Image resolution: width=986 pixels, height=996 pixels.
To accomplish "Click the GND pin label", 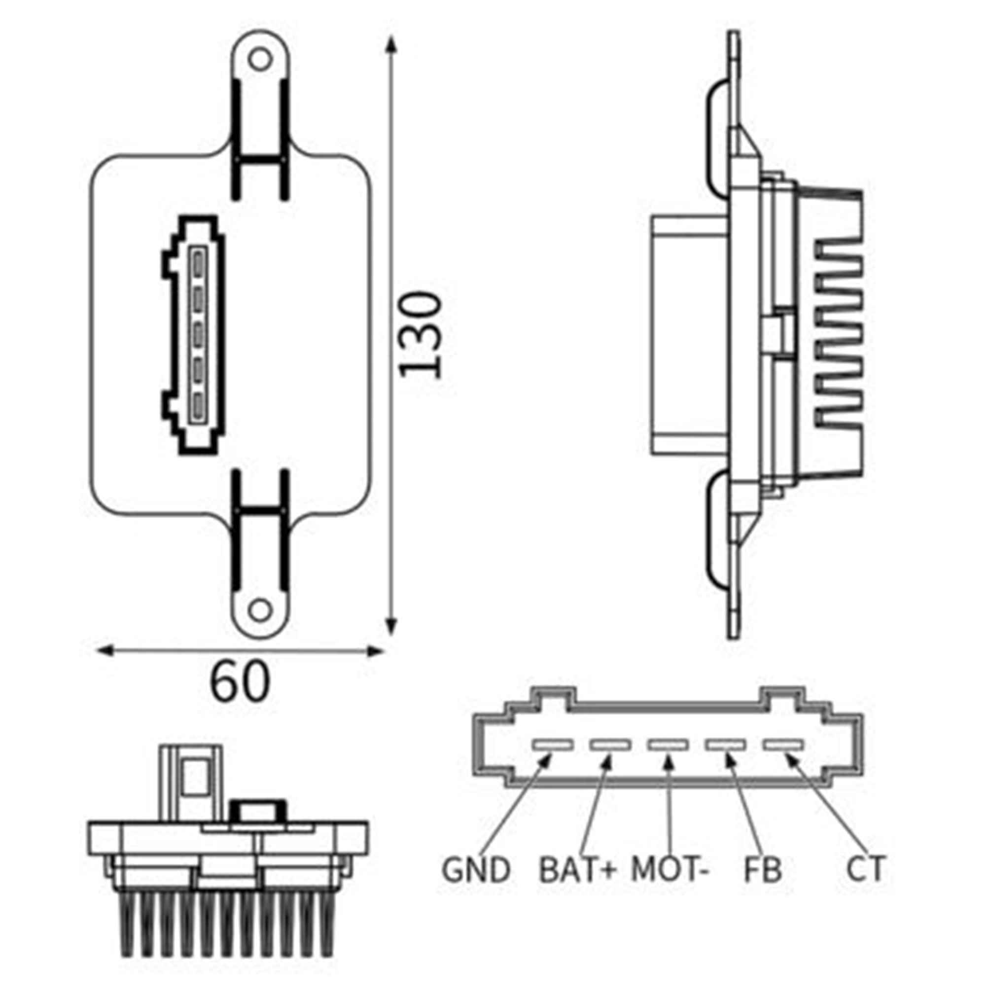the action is point(475,870).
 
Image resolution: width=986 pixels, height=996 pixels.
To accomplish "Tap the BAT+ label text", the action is point(577,870).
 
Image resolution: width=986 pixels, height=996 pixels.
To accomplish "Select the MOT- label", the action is point(670,870).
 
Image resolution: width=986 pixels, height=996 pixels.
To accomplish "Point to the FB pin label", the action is point(762,870).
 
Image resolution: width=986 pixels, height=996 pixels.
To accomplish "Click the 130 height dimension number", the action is point(421,336).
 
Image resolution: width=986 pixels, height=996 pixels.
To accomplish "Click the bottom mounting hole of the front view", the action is point(260,611).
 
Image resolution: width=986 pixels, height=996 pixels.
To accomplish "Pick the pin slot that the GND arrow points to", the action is point(553,745).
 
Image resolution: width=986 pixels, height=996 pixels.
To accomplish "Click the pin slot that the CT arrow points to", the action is point(783,745).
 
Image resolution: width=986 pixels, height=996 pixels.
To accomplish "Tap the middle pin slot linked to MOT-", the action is point(668,745).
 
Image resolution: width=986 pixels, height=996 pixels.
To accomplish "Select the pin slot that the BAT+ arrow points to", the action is point(610,745).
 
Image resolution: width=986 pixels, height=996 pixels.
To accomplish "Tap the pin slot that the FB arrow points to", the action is point(726,745).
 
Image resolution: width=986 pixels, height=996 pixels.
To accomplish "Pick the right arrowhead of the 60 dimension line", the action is point(374,650).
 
